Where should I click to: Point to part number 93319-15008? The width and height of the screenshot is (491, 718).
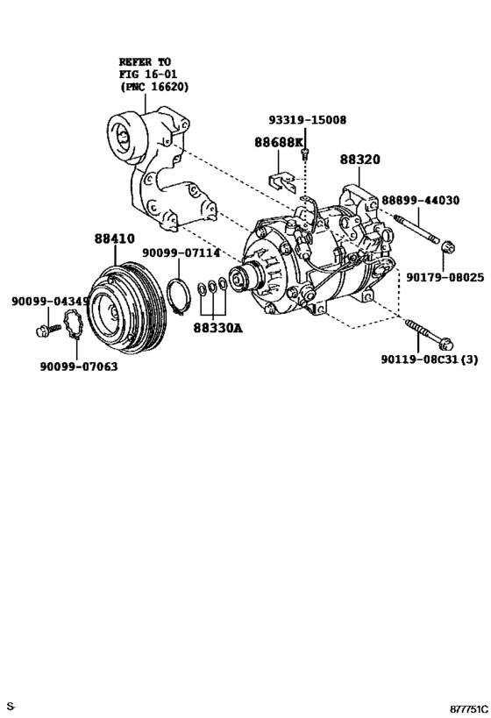pos(307,120)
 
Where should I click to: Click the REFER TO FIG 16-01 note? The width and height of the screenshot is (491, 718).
pos(153,75)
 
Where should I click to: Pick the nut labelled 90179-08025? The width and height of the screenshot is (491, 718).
pos(445,247)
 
